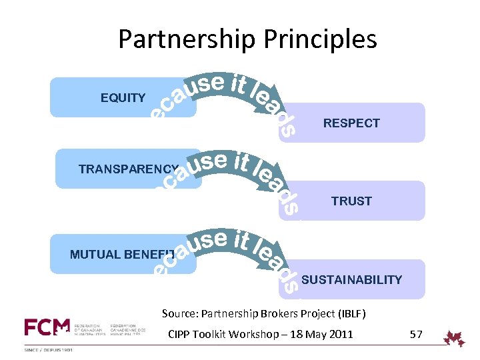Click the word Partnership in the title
point(186,39)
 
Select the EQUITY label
point(123,98)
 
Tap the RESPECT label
point(351,123)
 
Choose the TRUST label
point(351,201)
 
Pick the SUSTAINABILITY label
point(351,280)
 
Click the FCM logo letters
point(47,327)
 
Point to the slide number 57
point(416,334)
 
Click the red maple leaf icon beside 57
point(455,338)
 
